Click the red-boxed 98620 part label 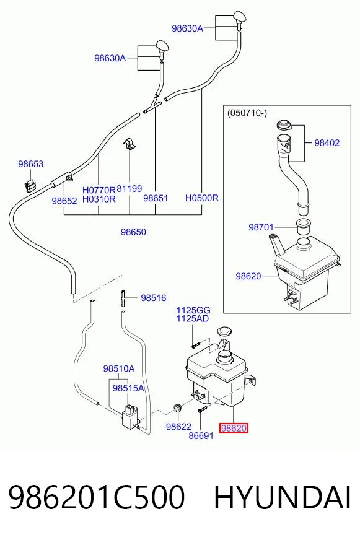pyautogui.click(x=234, y=428)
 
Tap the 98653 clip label pyautogui.click(x=31, y=164)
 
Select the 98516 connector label pyautogui.click(x=153, y=298)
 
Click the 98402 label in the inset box pyautogui.click(x=327, y=142)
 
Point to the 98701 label pyautogui.click(x=261, y=227)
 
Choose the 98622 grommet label pyautogui.click(x=178, y=427)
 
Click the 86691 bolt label pyautogui.click(x=201, y=436)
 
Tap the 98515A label pyautogui.click(x=128, y=388)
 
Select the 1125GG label pyautogui.click(x=193, y=310)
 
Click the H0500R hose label pyautogui.click(x=202, y=198)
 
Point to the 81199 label pyautogui.click(x=129, y=189)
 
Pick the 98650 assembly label pyautogui.click(x=133, y=232)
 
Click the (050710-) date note pyautogui.click(x=247, y=113)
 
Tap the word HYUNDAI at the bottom pyautogui.click(x=283, y=497)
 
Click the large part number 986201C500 pyautogui.click(x=97, y=497)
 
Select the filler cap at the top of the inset pyautogui.click(x=284, y=124)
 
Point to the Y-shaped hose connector pyautogui.click(x=152, y=105)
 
